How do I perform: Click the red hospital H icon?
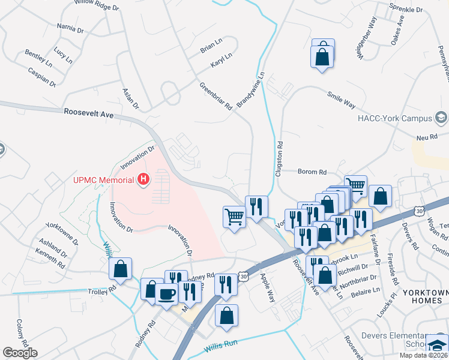[143, 179]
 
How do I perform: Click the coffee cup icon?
[166, 294]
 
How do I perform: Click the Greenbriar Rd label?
[215, 96]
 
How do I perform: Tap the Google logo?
[20, 353]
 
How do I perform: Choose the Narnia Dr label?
[70, 29]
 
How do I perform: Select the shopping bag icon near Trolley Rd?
[121, 269]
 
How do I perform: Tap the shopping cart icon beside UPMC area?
[234, 217]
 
